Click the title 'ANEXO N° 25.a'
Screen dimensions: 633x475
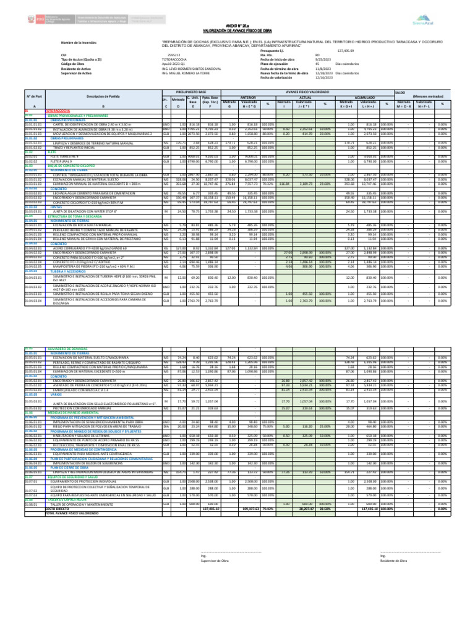[237, 23]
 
